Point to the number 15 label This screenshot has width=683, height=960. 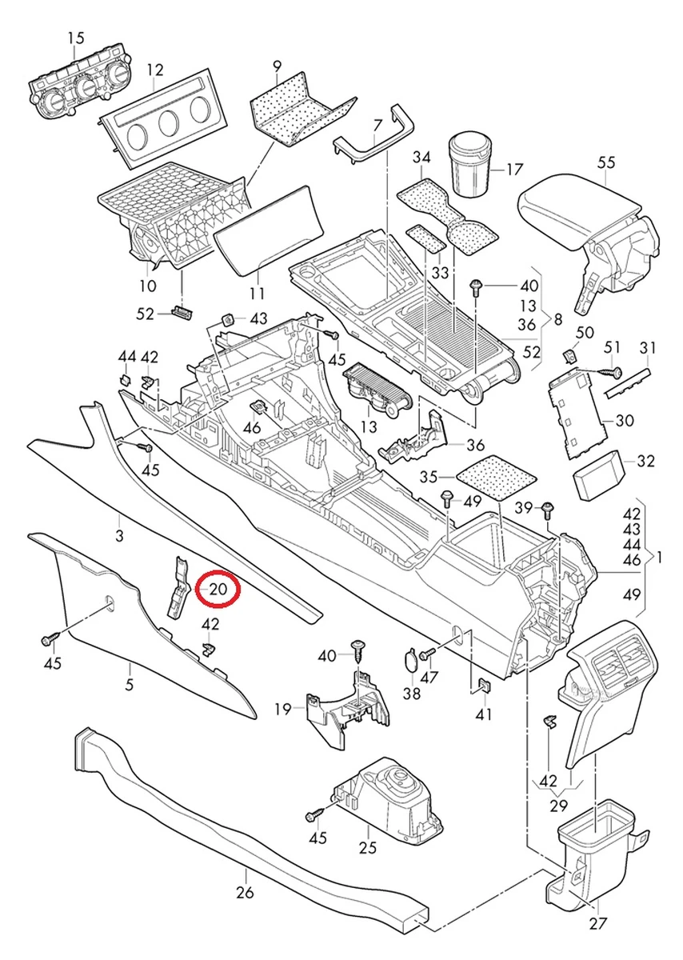pyautogui.click(x=75, y=38)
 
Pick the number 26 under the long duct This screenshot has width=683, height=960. pyautogui.click(x=245, y=893)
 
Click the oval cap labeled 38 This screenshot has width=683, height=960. pyautogui.click(x=409, y=662)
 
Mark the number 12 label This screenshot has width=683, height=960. pyautogui.click(x=154, y=70)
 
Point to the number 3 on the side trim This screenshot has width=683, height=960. pyautogui.click(x=119, y=536)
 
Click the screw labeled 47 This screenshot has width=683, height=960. pyautogui.click(x=425, y=654)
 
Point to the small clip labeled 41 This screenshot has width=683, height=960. pyautogui.click(x=484, y=685)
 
